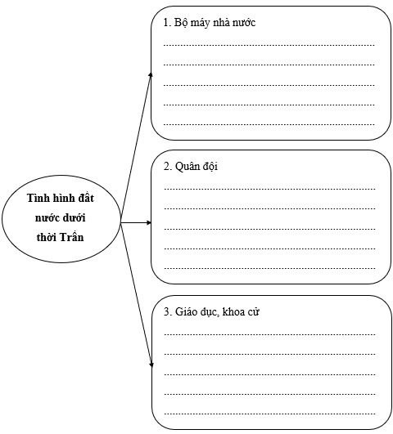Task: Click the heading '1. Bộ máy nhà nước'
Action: [210, 23]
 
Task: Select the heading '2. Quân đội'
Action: [191, 167]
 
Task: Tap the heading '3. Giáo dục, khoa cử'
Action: [211, 312]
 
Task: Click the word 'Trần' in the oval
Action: [71, 237]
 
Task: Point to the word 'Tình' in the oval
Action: [38, 198]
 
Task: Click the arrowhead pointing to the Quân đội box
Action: [149, 222]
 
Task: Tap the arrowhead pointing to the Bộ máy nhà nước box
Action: [151, 74]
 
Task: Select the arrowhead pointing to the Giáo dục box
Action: [151, 365]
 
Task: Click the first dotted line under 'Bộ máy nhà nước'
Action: [269, 45]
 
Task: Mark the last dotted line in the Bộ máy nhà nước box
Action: [269, 124]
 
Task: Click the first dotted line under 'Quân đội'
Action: [269, 189]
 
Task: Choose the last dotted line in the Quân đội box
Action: [269, 268]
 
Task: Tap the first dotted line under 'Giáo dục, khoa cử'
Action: [269, 334]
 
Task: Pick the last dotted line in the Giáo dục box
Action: [269, 414]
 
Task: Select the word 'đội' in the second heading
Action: [210, 167]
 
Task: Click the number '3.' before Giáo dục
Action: [167, 312]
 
